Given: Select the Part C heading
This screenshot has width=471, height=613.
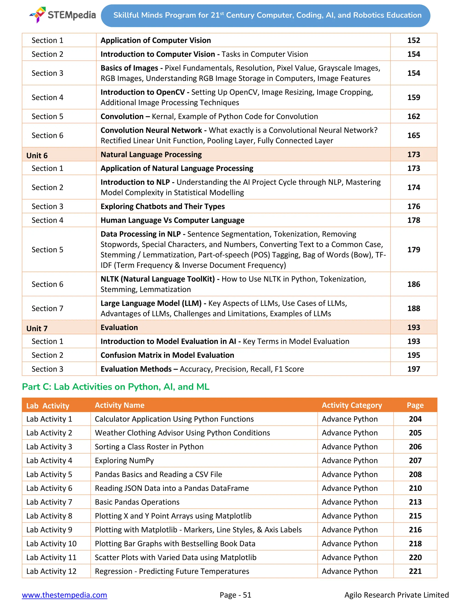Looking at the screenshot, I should coord(115,387).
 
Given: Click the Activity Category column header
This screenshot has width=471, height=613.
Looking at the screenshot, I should coord(352,405).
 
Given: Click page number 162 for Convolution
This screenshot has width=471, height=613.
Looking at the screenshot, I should coord(414,116).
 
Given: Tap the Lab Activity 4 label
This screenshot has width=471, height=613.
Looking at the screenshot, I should coord(49,460).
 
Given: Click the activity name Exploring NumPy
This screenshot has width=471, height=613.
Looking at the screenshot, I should coord(124,460).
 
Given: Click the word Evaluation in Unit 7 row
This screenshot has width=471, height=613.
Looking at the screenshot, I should coord(119,327).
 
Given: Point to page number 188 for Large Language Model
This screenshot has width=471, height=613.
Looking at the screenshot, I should coord(414,308).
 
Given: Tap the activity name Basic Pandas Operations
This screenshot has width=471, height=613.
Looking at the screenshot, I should coord(137,502).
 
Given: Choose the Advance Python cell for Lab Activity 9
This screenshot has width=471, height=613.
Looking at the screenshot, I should coord(350,530).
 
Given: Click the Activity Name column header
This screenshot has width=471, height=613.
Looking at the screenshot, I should coord(119,405).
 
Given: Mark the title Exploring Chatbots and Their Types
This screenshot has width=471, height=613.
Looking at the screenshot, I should coord(163,206).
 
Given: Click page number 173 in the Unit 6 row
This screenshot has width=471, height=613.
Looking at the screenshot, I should coord(414,154).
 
